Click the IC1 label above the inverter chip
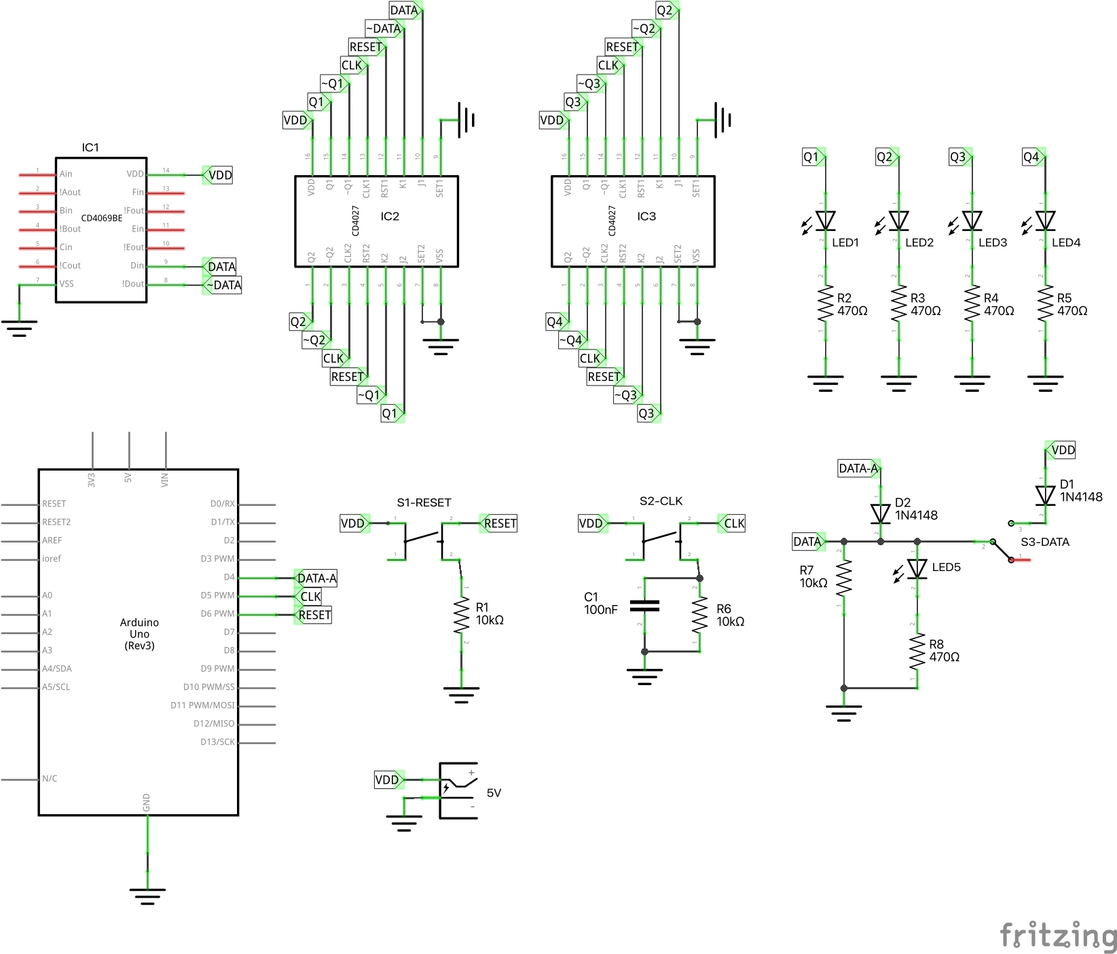click(90, 147)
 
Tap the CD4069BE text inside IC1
click(102, 218)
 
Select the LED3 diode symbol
click(972, 221)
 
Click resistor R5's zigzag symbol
click(1045, 303)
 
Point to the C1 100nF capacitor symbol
click(644, 606)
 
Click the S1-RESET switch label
click(424, 502)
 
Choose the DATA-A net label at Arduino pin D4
click(316, 579)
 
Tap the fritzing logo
click(1058, 935)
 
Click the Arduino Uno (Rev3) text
click(139, 634)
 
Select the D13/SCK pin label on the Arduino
click(217, 742)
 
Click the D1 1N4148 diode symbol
click(1045, 495)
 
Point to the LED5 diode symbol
click(917, 568)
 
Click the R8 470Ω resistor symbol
click(917, 651)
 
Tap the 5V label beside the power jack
click(494, 792)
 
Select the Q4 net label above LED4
click(1032, 157)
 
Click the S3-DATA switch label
click(1045, 542)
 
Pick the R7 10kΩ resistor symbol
click(843, 578)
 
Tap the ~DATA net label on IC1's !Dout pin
click(223, 285)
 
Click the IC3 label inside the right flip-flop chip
click(646, 216)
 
